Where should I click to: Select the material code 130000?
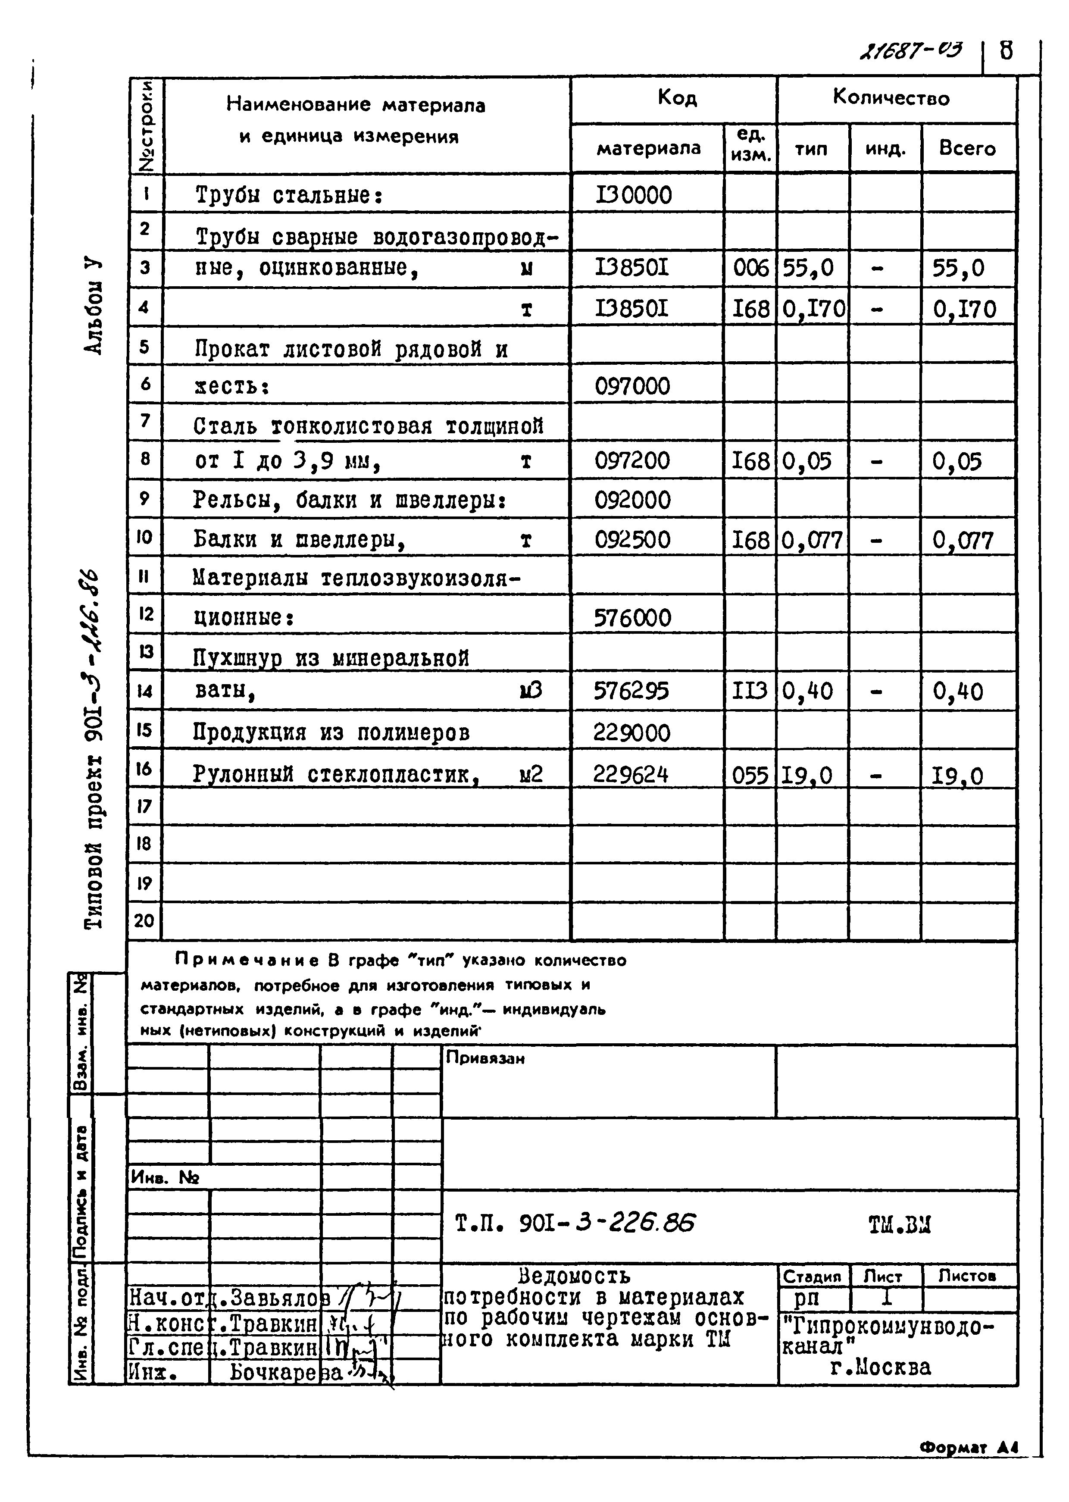(x=633, y=195)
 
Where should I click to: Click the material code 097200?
(x=632, y=461)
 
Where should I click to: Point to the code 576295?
(x=631, y=691)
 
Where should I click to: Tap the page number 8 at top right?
(x=1006, y=51)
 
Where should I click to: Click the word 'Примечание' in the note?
(x=247, y=961)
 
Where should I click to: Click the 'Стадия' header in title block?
(x=812, y=1276)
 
